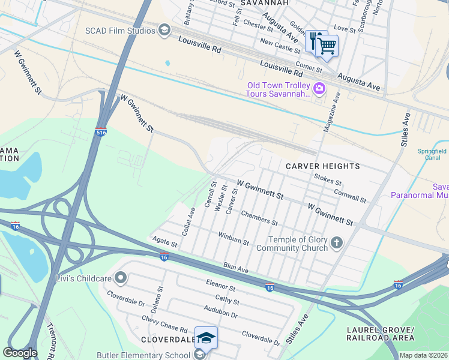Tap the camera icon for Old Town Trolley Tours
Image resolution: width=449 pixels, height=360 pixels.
pos(319,89)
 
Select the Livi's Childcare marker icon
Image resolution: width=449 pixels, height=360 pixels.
pos(121,277)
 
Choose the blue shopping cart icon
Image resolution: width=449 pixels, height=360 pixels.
pos(327,45)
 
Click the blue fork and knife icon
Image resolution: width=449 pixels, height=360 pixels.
pos(313,40)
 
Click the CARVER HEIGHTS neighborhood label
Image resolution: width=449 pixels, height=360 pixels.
pos(322,166)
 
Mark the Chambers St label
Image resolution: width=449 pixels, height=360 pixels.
pos(259,217)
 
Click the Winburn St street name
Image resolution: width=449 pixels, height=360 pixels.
pos(234,238)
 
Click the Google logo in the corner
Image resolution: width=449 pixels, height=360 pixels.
pos(19,353)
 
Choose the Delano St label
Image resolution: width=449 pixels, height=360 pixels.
pos(160,297)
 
